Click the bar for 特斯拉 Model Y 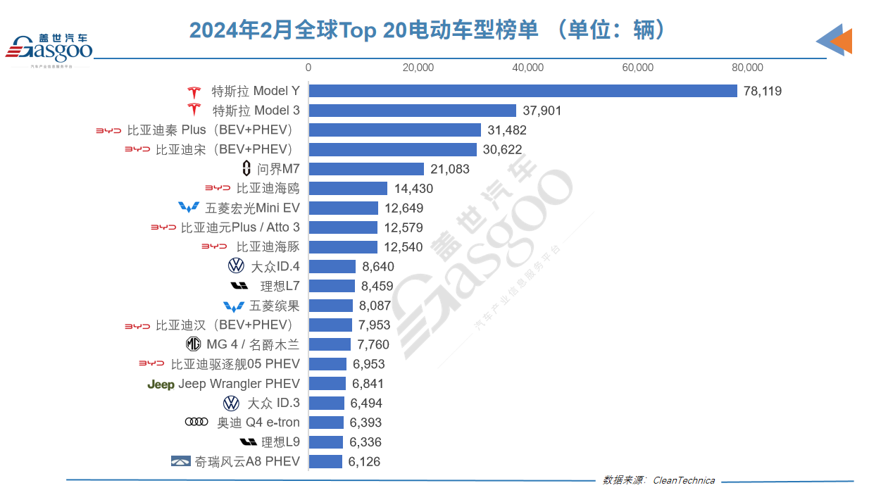523,91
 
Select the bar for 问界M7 366,169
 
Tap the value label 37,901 542,111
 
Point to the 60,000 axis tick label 638,68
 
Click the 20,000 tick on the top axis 418,68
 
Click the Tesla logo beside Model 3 194,111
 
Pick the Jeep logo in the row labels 161,384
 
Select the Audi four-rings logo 196,423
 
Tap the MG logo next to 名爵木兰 193,344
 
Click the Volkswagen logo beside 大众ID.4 236,266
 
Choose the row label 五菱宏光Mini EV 252,208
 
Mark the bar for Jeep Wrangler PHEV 327,384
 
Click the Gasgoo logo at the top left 49,48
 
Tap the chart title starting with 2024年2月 427,30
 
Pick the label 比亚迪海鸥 268,189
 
